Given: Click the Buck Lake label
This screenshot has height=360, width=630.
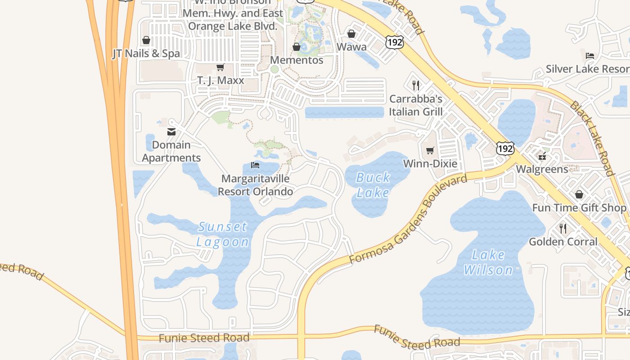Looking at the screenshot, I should (x=373, y=185).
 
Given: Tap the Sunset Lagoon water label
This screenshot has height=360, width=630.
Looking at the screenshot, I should (x=223, y=234).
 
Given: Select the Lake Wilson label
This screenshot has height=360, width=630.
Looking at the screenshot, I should (x=488, y=262).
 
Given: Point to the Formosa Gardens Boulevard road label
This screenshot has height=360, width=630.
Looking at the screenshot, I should (x=408, y=220).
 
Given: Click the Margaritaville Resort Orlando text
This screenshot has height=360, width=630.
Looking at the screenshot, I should (x=255, y=185).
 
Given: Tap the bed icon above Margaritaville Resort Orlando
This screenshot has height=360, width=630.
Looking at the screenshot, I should (x=255, y=165).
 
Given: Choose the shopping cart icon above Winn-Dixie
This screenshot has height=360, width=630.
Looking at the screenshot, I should (x=430, y=150).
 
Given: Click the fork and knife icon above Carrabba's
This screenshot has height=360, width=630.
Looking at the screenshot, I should (x=416, y=85).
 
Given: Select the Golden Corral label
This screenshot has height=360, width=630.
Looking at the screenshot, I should (x=563, y=242).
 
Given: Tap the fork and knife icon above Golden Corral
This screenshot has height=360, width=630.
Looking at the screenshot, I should (x=563, y=228).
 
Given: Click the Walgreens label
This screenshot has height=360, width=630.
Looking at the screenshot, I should (x=542, y=169).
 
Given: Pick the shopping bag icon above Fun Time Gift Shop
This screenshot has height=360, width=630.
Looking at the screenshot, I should (x=579, y=194).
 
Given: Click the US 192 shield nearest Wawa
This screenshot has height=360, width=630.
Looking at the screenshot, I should (x=394, y=41).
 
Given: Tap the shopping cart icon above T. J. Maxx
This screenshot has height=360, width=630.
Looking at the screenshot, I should (x=220, y=67).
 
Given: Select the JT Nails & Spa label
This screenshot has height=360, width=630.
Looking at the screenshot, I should (x=146, y=54).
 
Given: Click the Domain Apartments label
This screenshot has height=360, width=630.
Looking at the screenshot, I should (x=171, y=151).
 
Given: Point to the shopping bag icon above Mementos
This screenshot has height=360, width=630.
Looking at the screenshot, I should (x=297, y=47).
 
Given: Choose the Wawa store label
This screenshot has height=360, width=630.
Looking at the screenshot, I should (x=351, y=47).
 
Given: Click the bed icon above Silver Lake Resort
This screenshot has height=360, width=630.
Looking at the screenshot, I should (x=590, y=56).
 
